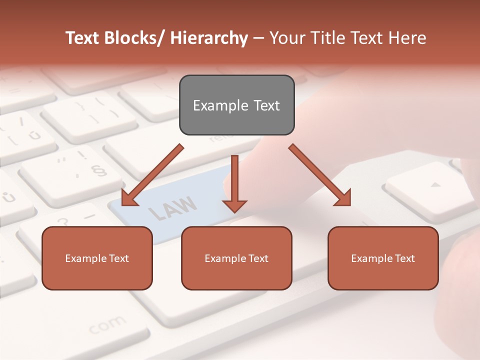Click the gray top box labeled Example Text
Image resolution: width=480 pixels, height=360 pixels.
[236, 105]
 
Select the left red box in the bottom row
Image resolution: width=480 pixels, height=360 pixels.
[97, 258]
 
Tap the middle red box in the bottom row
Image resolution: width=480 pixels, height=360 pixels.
[236, 258]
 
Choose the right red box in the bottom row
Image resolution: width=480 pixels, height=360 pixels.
[383, 258]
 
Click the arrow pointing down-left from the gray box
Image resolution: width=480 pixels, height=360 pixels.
[152, 175]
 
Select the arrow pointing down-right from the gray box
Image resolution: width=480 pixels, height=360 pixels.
[320, 175]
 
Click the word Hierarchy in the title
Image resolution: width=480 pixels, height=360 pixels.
[209, 38]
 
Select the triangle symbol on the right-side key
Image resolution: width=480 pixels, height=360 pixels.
[436, 184]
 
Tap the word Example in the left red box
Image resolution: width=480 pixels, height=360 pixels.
[84, 258]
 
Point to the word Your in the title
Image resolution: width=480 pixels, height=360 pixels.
[286, 38]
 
